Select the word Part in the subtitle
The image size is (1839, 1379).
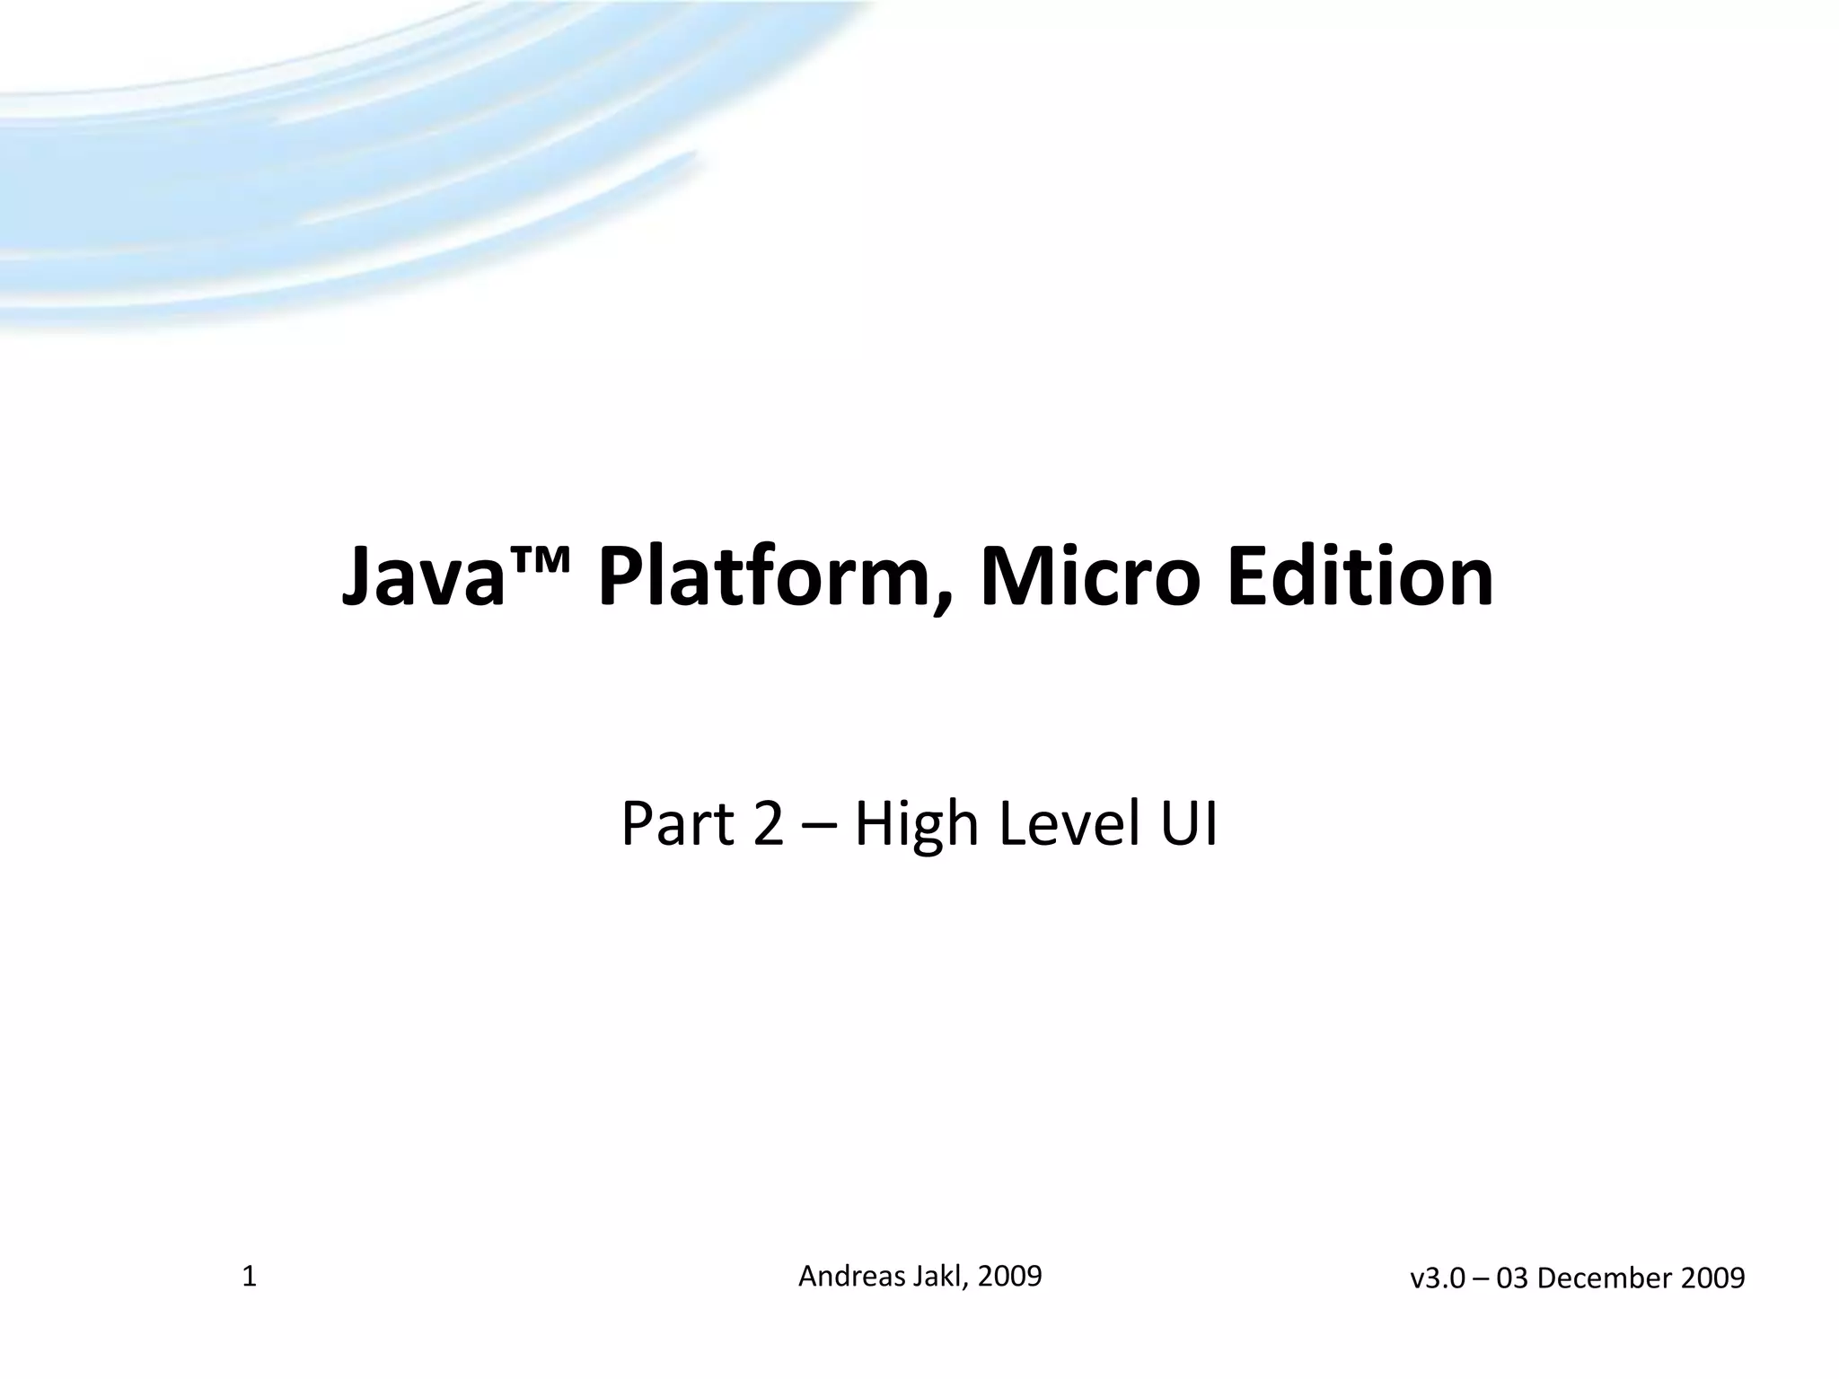point(679,824)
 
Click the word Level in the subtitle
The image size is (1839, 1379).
point(1069,824)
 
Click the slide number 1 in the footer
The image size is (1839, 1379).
point(250,1277)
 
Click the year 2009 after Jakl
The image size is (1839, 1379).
point(1010,1276)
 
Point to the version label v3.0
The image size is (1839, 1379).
point(1437,1278)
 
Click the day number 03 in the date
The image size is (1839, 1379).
point(1513,1278)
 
